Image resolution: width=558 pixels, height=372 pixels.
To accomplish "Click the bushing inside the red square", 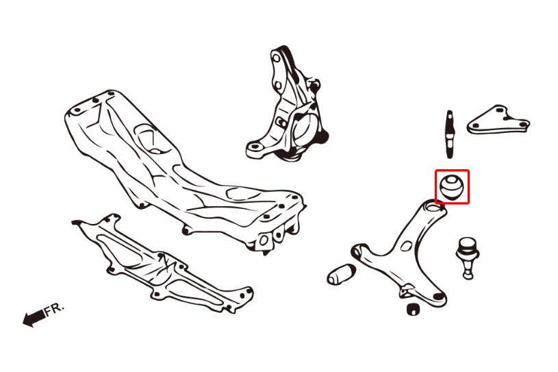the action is pos(452,186).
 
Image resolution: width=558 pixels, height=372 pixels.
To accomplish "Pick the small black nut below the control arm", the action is pos(412,308).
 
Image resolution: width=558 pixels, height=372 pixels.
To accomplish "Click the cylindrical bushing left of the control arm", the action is pos(341,275).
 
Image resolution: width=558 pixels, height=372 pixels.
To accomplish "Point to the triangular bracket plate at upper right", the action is pos(498,121).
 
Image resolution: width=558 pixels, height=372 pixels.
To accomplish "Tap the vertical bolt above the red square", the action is pos(450,134).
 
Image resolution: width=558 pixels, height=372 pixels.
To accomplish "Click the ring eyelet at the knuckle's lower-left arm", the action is pos(254,147).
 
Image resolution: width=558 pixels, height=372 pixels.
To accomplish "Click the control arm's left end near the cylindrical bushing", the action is pos(360,250).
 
